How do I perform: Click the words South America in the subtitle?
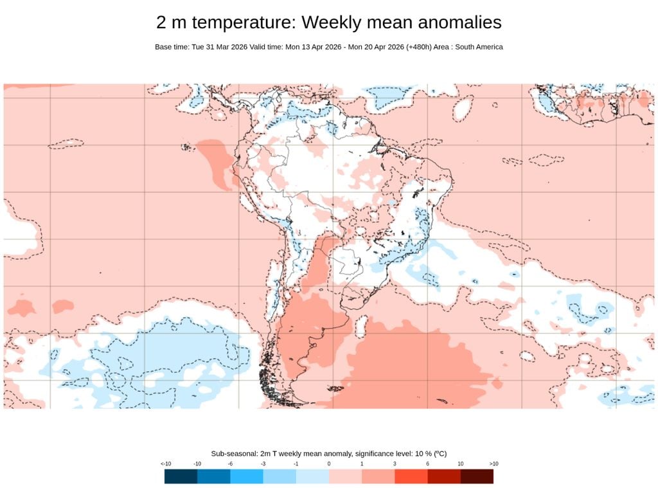[x=479, y=47]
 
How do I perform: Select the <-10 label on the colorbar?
[x=165, y=464]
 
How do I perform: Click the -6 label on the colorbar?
[x=230, y=464]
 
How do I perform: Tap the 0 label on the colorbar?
[x=329, y=464]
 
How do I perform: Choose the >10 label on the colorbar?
[x=493, y=464]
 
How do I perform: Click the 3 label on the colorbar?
[x=395, y=464]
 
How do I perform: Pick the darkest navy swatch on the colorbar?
[x=181, y=476]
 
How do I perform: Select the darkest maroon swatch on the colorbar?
[x=477, y=476]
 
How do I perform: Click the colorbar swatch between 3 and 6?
[x=411, y=476]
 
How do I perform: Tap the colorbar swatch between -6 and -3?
[x=247, y=476]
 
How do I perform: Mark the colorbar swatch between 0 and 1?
[x=345, y=476]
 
